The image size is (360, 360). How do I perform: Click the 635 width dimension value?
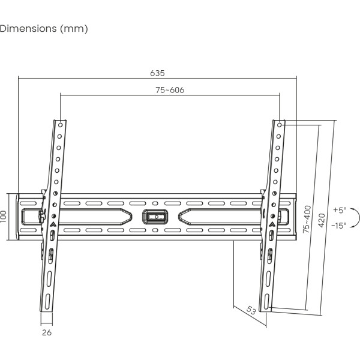point(157,73)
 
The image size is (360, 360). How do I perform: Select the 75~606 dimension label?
point(170,90)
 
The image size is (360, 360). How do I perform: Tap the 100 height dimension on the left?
point(4,216)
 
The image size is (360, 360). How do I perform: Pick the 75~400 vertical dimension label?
point(307,219)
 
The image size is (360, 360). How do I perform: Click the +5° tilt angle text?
point(340,210)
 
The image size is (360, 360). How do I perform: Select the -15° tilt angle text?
point(340,226)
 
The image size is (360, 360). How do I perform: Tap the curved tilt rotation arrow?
point(356,218)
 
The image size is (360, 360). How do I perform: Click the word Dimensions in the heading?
point(28,28)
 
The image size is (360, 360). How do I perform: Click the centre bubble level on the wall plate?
point(155,216)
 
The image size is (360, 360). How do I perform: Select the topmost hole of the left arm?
point(61,125)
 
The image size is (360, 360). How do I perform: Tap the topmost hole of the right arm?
point(280,125)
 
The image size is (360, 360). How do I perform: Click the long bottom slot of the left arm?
point(47,299)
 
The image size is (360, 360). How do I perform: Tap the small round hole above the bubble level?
point(155,203)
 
